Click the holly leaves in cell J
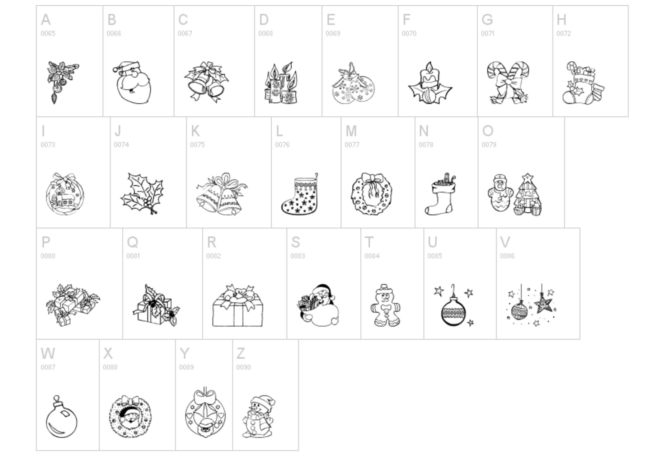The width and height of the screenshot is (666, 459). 142,194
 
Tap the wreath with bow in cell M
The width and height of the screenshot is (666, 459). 372,194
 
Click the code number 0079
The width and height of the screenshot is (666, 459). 489,145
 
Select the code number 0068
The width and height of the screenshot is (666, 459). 265,33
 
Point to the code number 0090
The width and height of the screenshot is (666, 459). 243,367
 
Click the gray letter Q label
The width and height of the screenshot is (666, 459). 132,242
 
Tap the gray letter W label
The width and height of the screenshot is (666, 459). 48,354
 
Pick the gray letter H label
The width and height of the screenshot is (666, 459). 561,20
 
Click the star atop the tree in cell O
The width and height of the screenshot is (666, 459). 527,178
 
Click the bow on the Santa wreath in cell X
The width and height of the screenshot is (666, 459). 130,401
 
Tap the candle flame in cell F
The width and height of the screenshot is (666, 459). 428,67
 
